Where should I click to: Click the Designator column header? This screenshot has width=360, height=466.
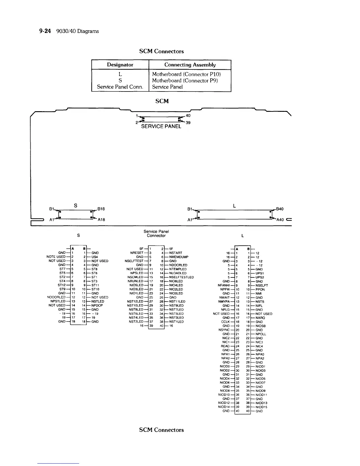tap(120, 65)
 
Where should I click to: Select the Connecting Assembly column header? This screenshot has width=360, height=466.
tap(190, 65)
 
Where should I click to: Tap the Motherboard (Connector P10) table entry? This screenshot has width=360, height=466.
tap(186, 74)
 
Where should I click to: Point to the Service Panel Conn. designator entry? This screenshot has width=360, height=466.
tap(120, 87)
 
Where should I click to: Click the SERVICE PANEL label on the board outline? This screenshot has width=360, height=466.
tap(161, 127)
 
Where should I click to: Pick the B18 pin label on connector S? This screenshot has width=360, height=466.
tap(101, 209)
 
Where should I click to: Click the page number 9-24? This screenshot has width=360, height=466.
tap(44, 31)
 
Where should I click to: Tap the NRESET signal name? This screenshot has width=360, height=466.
tap(137, 253)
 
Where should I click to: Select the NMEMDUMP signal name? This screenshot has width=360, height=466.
tap(179, 257)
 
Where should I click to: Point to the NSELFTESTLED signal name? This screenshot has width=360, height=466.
tap(181, 277)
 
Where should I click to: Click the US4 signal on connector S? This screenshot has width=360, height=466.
tap(94, 257)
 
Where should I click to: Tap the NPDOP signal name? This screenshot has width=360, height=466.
tap(97, 305)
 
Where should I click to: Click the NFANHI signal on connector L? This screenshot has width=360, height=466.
tap(224, 285)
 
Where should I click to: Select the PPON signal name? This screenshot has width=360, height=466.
tap(260, 289)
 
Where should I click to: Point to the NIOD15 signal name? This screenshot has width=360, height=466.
tap(261, 407)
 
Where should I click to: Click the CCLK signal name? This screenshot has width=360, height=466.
tap(226, 322)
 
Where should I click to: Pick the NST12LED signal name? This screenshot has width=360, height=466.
tap(135, 302)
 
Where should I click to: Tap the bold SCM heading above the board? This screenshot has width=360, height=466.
tap(162, 101)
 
